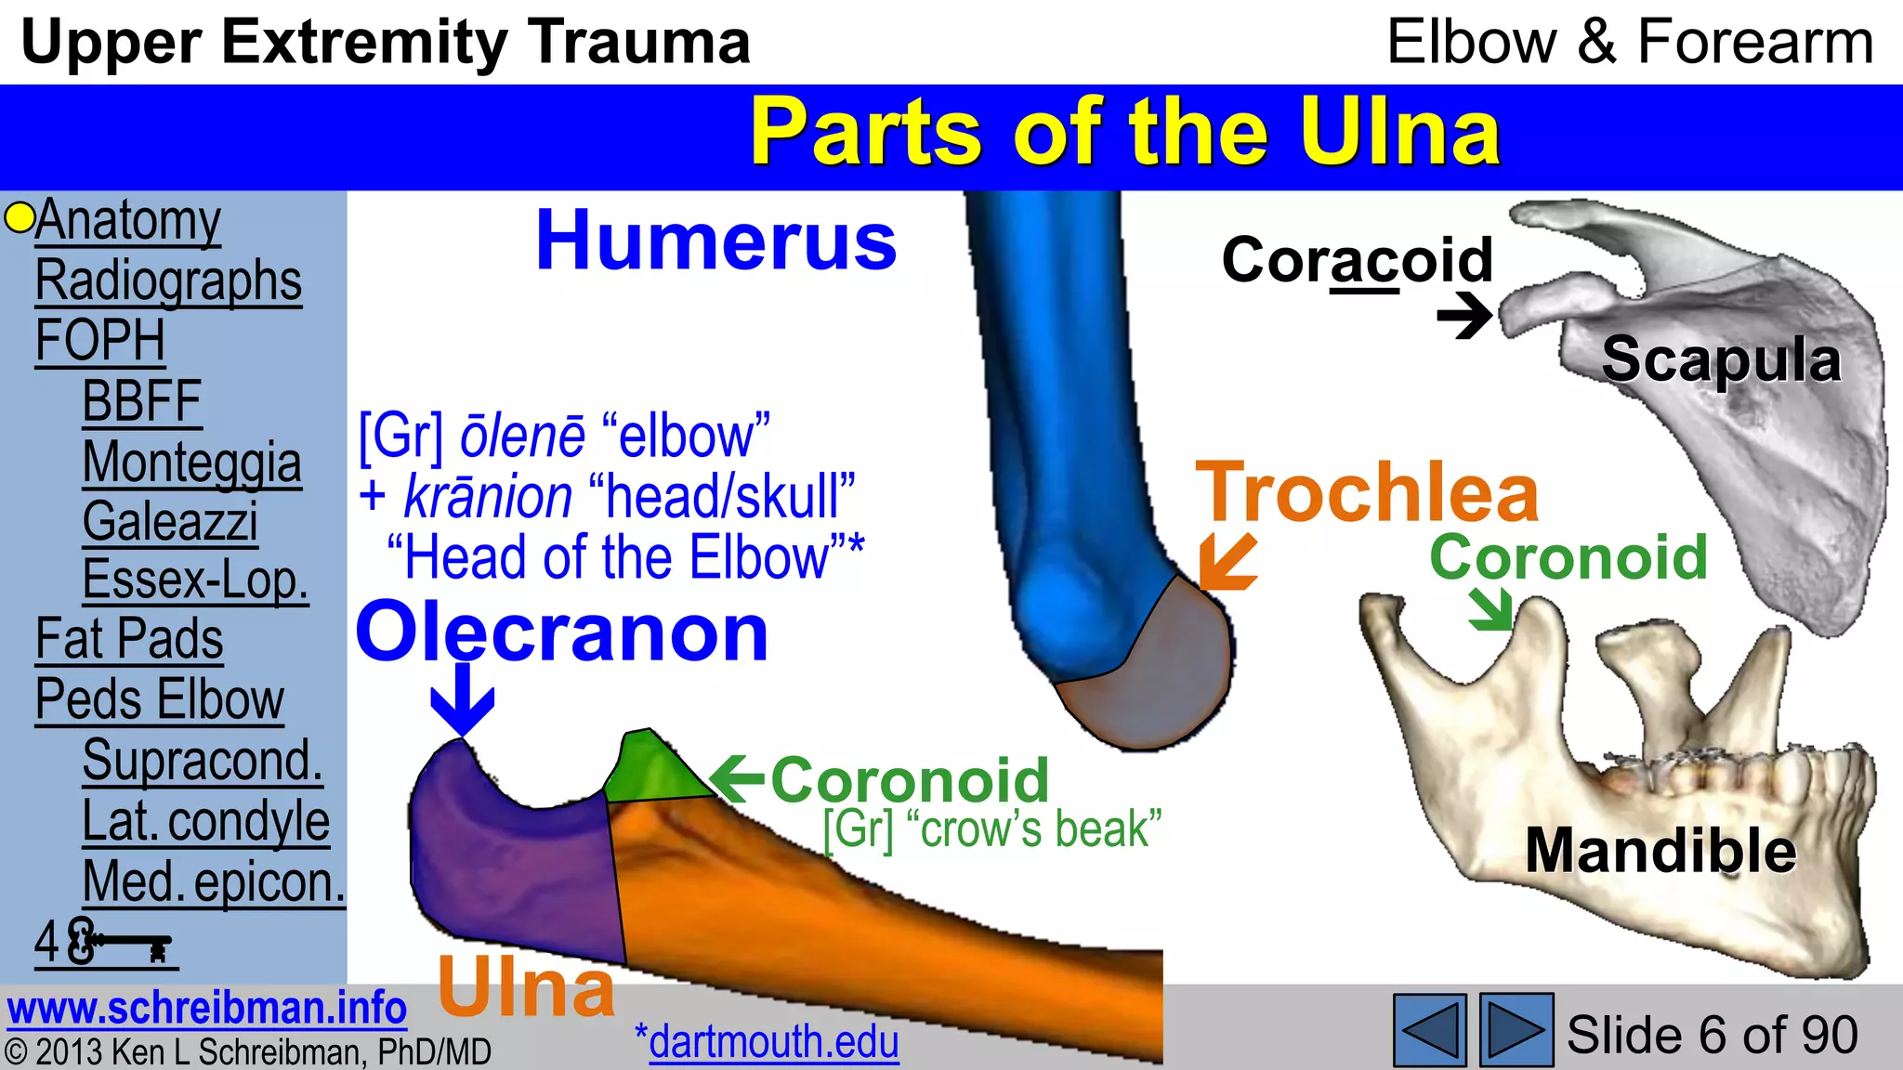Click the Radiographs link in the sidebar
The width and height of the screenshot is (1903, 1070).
click(x=168, y=281)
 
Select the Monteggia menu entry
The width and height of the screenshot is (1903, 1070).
click(x=191, y=462)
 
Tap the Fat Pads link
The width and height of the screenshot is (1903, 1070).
click(x=129, y=639)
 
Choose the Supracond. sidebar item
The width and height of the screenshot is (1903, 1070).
click(x=203, y=760)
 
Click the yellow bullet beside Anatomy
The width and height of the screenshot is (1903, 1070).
click(x=19, y=218)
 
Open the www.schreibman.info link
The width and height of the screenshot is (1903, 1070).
click(x=206, y=1008)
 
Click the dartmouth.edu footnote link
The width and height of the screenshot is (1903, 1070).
click(x=773, y=1041)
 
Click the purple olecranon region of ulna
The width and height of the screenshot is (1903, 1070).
click(x=511, y=864)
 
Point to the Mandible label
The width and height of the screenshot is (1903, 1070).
click(x=1660, y=850)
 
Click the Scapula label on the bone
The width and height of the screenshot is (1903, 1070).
click(x=1721, y=359)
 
